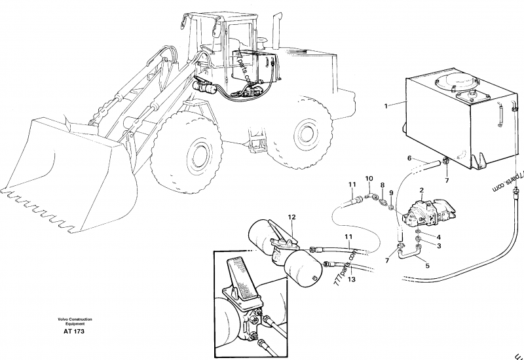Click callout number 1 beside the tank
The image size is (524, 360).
[x=386, y=105]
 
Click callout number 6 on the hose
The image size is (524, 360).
[x=409, y=158]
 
